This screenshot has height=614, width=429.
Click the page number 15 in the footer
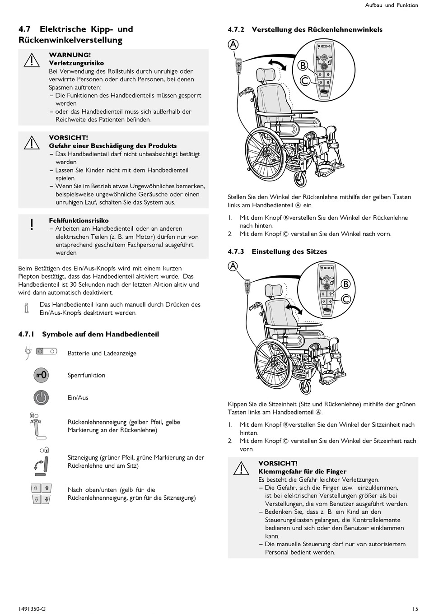click(415, 609)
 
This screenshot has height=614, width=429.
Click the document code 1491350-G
click(32, 609)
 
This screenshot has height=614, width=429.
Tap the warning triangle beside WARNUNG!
click(32, 60)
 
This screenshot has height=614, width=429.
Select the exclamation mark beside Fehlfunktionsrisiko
click(32, 224)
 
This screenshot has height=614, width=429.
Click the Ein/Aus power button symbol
click(41, 397)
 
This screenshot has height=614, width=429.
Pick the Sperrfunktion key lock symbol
click(41, 375)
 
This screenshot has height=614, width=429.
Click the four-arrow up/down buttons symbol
click(41, 493)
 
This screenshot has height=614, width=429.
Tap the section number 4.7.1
click(27, 334)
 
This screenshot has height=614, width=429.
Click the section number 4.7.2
click(236, 30)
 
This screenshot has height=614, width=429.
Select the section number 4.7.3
click(236, 251)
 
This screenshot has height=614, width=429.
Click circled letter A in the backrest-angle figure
click(233, 44)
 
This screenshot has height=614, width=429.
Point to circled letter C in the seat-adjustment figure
click(346, 299)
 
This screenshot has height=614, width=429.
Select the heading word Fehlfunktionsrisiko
click(79, 221)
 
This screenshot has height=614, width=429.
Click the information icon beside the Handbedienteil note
click(26, 308)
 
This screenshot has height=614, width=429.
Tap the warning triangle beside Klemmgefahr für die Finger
click(242, 468)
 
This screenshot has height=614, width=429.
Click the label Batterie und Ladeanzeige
click(102, 353)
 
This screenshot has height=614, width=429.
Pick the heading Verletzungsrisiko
click(76, 63)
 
